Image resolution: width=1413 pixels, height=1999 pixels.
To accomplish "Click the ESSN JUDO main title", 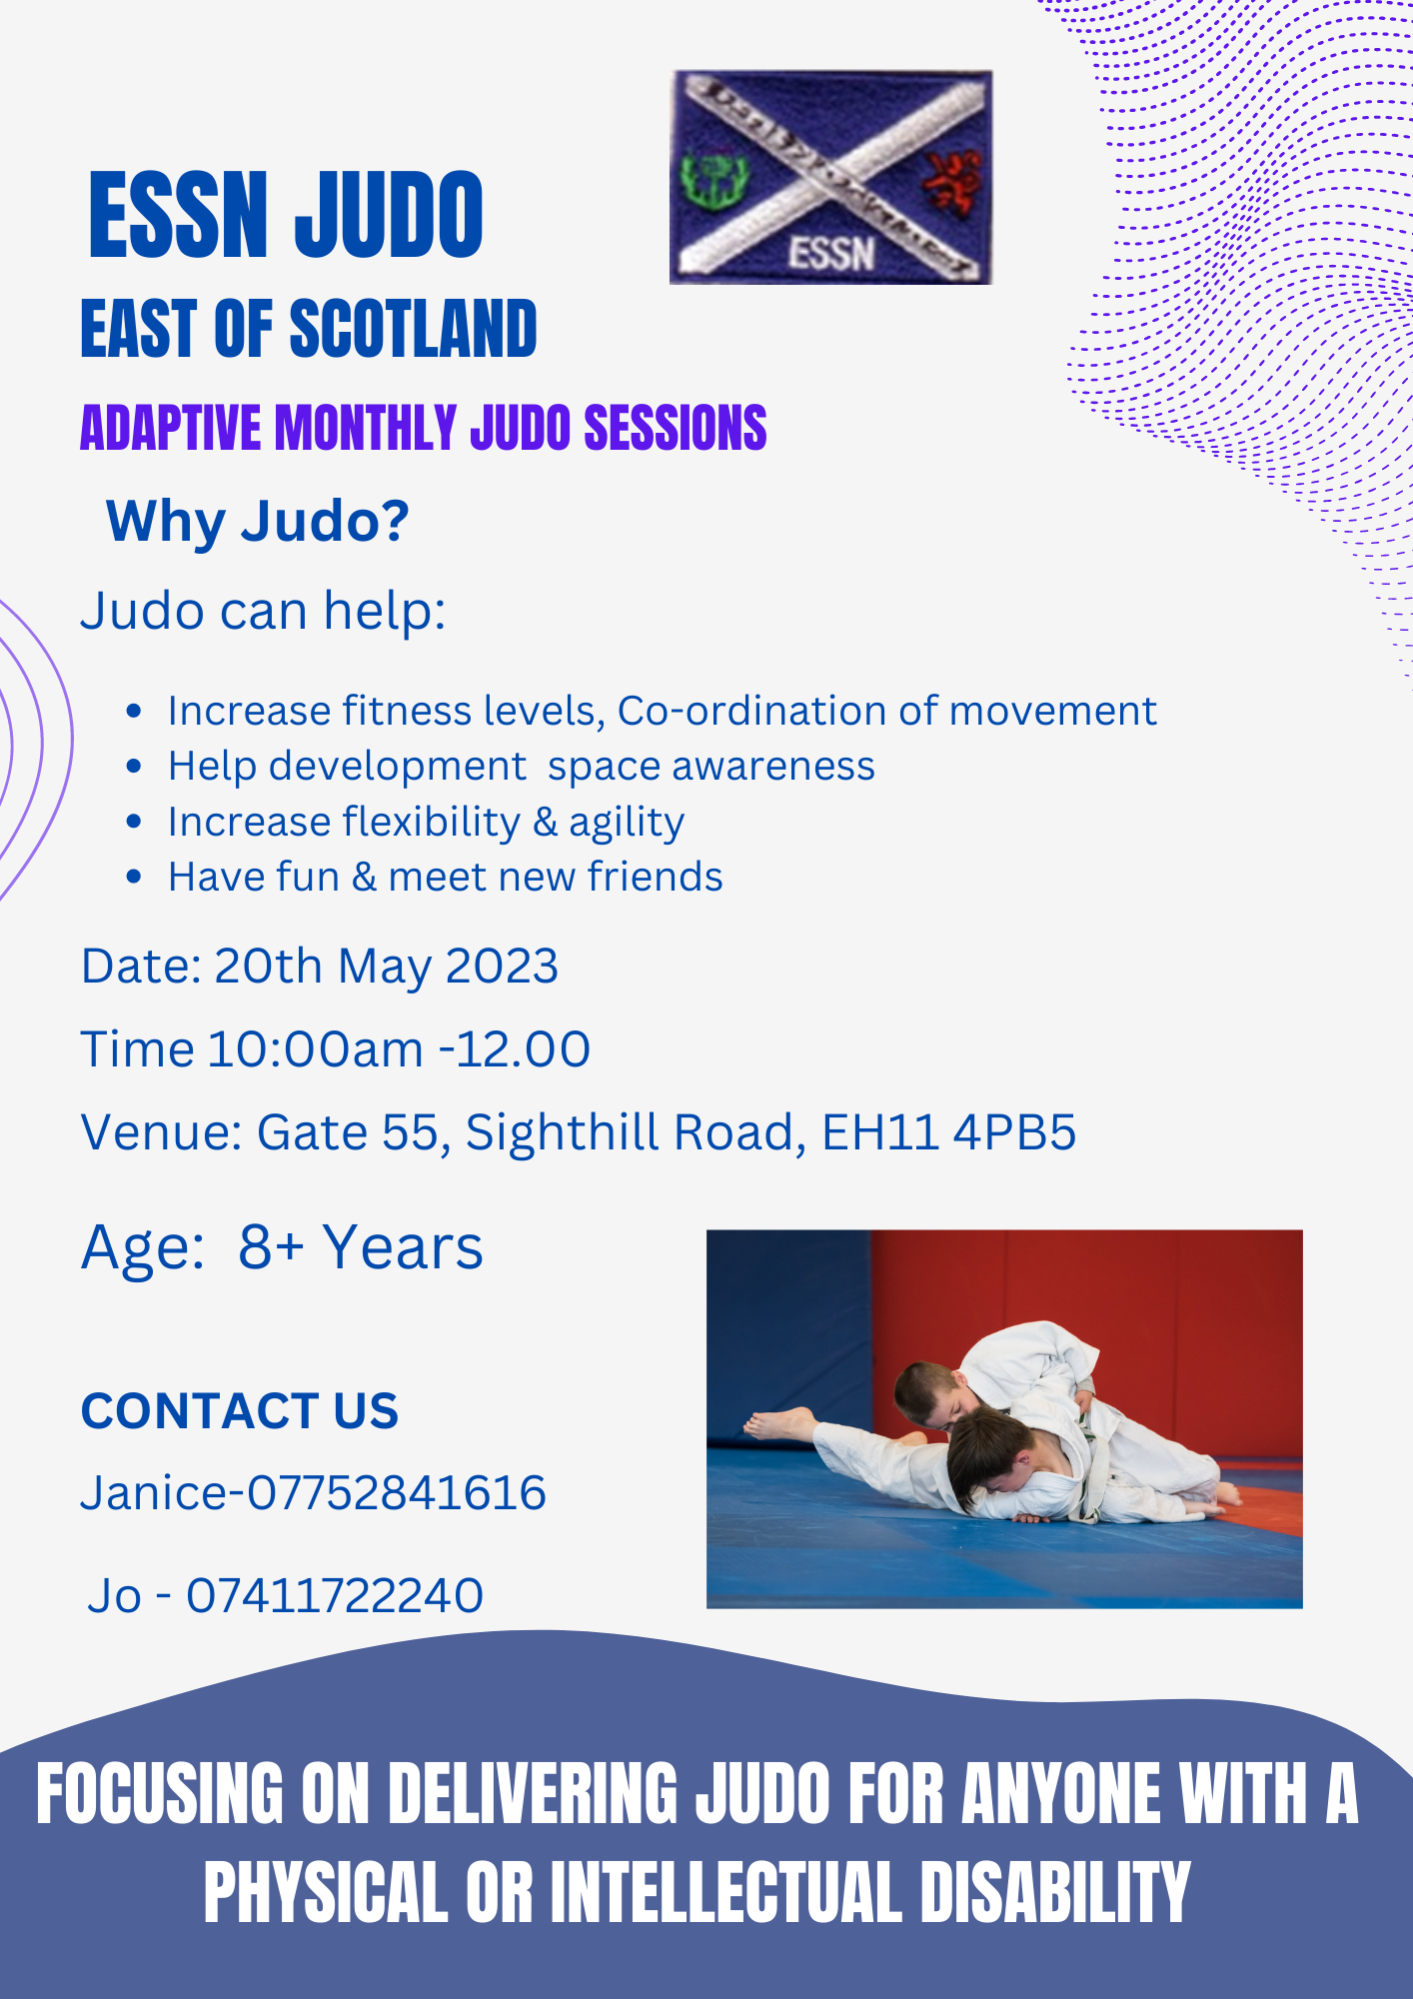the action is click(286, 214).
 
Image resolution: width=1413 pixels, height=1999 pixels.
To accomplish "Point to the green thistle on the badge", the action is click(710, 180).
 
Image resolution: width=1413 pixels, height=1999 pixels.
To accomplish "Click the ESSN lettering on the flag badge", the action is click(831, 253).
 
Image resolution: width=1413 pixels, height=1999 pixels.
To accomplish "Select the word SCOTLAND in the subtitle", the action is click(414, 329).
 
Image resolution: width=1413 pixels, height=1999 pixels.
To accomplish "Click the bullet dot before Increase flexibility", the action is click(135, 823).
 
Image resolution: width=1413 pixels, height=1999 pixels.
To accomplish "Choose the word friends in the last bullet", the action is click(655, 877).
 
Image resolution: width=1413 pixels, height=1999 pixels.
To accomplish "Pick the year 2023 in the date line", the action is click(502, 967).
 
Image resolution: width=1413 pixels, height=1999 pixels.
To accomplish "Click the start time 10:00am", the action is click(316, 1049).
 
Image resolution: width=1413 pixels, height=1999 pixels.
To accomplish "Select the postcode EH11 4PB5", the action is click(949, 1132).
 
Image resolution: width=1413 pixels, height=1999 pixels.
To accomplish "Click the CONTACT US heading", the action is click(240, 1410).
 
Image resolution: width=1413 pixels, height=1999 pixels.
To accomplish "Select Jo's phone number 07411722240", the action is click(335, 1595).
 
